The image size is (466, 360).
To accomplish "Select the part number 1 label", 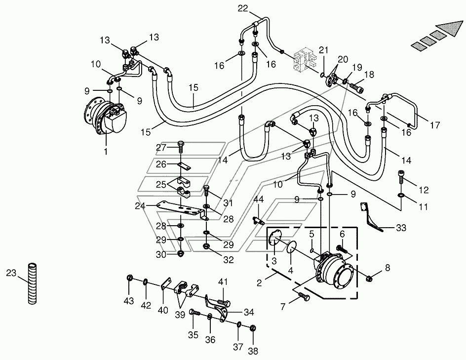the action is (106, 151).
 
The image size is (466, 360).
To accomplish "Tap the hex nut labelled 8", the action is (369, 279).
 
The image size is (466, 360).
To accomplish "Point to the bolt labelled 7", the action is (303, 296).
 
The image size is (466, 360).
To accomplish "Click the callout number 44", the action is (259, 199).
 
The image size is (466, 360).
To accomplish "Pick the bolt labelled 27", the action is (180, 147).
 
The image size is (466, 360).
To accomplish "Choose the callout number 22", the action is (242, 8).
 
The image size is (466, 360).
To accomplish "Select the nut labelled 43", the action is (129, 278).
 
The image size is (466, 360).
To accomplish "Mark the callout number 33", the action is (401, 228).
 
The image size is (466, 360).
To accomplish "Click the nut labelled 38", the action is (253, 328).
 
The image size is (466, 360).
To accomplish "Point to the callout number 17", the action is (434, 125).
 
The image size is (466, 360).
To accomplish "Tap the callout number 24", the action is (140, 206).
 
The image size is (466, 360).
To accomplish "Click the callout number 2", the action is (259, 282).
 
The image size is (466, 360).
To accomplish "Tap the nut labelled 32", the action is (206, 246).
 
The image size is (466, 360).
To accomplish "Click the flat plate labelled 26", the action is (184, 166).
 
